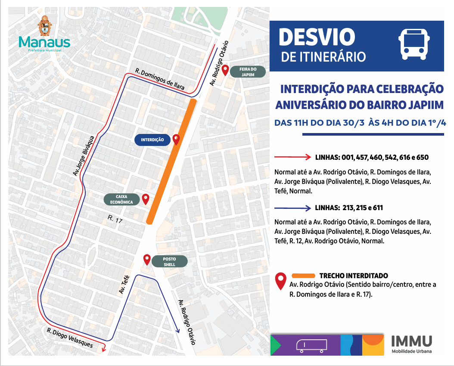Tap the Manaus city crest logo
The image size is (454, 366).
click(x=44, y=27)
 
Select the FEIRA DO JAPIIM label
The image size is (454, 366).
click(x=248, y=71)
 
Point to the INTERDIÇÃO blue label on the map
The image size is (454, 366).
click(x=152, y=140)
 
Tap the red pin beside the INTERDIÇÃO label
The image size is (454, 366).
click(x=176, y=140)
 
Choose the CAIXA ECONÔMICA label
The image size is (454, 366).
click(x=121, y=199)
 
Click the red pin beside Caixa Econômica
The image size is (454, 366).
click(x=146, y=199)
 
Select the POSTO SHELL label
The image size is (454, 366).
click(x=169, y=261)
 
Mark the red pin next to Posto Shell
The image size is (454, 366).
click(x=147, y=260)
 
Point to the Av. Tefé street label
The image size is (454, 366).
click(x=124, y=285)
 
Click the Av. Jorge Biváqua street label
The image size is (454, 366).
click(x=84, y=155)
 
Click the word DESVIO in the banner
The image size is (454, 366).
click(x=317, y=37)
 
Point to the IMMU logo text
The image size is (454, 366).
click(x=411, y=341)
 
